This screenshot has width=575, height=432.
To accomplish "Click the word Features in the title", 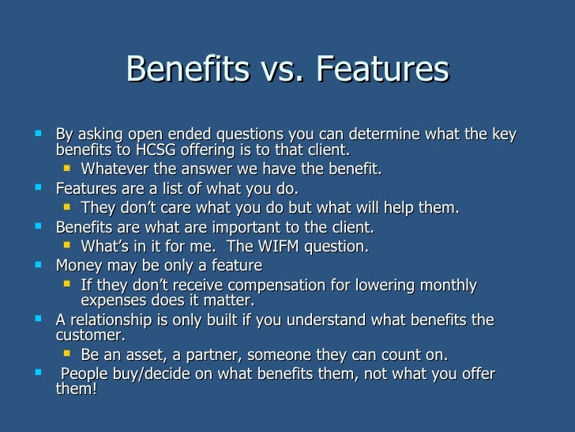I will pyautogui.click(x=382, y=70).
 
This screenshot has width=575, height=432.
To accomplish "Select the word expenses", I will pyautogui.click(x=115, y=300).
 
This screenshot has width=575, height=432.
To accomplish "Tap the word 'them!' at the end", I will pyautogui.click(x=76, y=388).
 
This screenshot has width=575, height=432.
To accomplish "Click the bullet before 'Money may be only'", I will pyautogui.click(x=39, y=263).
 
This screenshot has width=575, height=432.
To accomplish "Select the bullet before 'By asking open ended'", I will pyautogui.click(x=39, y=133).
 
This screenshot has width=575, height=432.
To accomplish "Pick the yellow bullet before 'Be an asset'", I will pyautogui.click(x=67, y=352).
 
